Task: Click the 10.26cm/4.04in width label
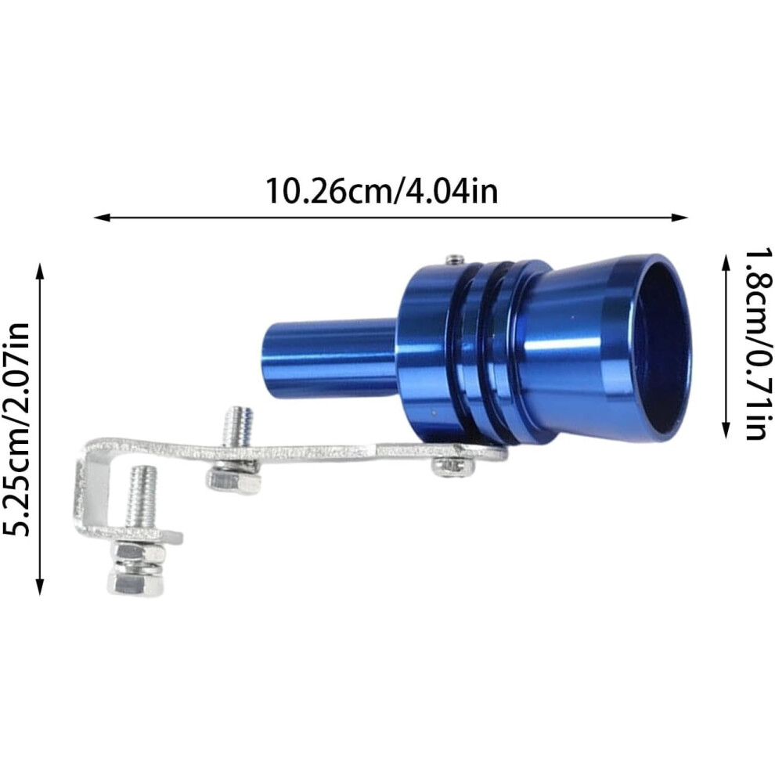pyautogui.click(x=381, y=191)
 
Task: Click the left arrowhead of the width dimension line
pyautogui.click(x=101, y=217)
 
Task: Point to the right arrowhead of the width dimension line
pyautogui.click(x=679, y=217)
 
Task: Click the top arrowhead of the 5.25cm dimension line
pyautogui.click(x=40, y=271)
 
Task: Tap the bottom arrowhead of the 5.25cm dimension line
pyautogui.click(x=40, y=586)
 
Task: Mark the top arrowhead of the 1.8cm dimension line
pyautogui.click(x=726, y=262)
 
